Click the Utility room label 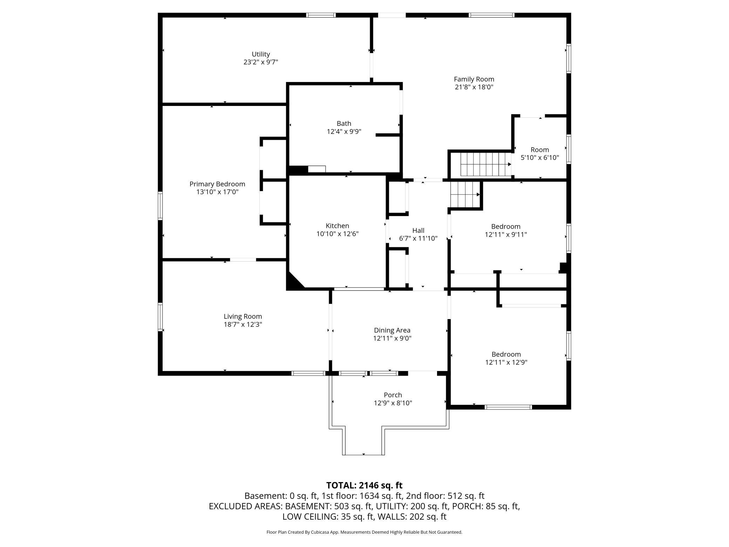(261, 54)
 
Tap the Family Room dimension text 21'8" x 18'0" (474, 87)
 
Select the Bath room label (344, 123)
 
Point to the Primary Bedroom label (217, 184)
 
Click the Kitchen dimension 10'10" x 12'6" (338, 234)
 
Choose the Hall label (418, 230)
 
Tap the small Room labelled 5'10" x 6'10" (540, 154)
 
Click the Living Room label (243, 317)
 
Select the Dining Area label (392, 330)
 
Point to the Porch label (393, 395)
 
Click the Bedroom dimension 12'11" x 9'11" (506, 235)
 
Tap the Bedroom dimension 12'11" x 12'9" (506, 363)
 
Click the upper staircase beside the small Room (485, 164)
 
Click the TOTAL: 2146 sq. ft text (364, 485)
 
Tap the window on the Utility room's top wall (321, 15)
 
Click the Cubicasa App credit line (364, 532)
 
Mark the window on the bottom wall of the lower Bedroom (508, 407)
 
